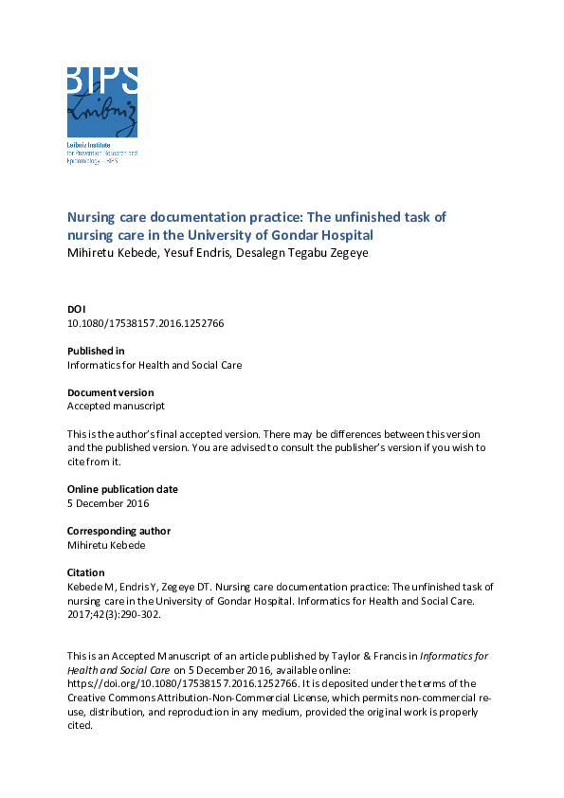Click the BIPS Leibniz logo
click(x=102, y=104)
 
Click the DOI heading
click(x=76, y=309)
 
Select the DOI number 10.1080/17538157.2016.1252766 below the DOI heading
click(x=145, y=323)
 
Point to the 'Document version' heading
click(x=110, y=392)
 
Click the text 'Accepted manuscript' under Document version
click(x=116, y=406)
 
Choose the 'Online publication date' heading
click(x=122, y=489)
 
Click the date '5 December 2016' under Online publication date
click(x=108, y=503)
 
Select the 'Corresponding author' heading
click(x=118, y=531)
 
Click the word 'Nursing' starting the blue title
click(x=91, y=217)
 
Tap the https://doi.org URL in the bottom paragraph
click(x=181, y=683)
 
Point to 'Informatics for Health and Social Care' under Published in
click(x=155, y=365)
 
